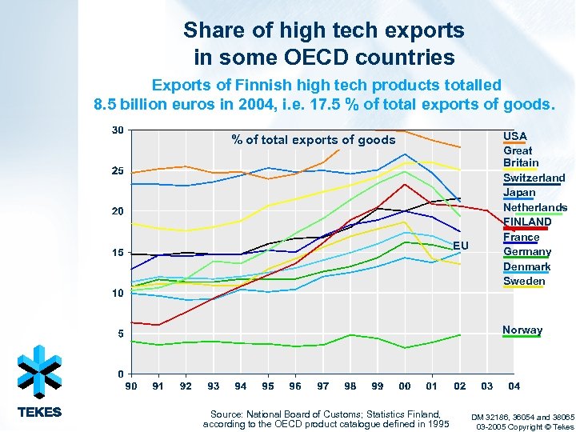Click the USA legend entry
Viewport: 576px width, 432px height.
point(514,136)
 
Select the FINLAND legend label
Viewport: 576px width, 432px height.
point(527,222)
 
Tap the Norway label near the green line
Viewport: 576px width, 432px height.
point(522,330)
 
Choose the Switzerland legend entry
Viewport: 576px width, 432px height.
point(534,178)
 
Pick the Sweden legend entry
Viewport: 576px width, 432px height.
point(523,281)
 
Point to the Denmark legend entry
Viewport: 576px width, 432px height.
point(526,266)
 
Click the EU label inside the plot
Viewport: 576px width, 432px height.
point(459,244)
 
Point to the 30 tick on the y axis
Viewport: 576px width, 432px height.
point(118,130)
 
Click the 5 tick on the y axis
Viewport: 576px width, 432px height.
point(120,334)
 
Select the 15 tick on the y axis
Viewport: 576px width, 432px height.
point(118,252)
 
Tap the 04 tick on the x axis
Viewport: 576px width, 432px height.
point(514,386)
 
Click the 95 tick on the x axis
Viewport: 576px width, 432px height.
point(268,386)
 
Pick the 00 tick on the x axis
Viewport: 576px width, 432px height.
point(405,386)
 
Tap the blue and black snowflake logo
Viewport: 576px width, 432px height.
point(39,371)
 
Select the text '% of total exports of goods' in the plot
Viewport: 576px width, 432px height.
point(314,140)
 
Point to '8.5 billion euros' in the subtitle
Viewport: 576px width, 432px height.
point(146,104)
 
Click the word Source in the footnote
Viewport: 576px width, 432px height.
point(226,414)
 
